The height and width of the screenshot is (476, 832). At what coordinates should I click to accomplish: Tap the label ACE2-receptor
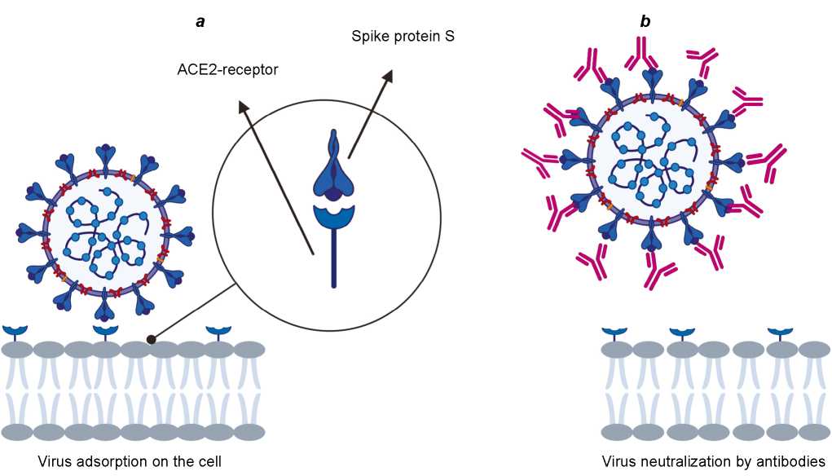(x=227, y=70)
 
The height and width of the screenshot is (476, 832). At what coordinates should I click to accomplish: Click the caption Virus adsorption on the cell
(x=130, y=461)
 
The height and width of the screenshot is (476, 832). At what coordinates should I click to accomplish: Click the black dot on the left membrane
(x=151, y=338)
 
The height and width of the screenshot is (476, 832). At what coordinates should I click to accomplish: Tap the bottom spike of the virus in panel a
(x=107, y=307)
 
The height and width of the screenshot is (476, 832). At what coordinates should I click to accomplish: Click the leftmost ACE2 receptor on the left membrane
(x=15, y=331)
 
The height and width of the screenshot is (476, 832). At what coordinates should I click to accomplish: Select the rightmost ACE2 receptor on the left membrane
(x=218, y=331)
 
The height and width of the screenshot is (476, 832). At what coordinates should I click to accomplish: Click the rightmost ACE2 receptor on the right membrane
(x=780, y=332)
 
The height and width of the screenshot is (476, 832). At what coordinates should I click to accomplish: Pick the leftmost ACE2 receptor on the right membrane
(x=614, y=332)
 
